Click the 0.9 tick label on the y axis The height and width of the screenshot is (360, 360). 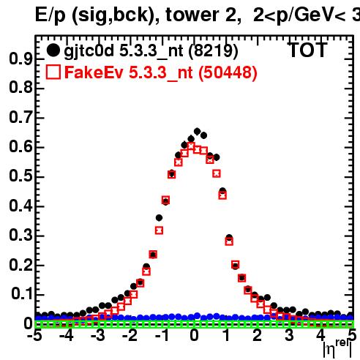[x=20, y=59]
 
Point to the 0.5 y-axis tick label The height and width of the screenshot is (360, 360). [x=20, y=176]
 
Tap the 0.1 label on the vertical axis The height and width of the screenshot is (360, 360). [x=22, y=293]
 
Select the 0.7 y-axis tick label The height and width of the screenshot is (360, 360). [x=20, y=117]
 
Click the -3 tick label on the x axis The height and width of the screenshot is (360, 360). [x=98, y=335]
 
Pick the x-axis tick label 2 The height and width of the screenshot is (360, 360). [x=258, y=335]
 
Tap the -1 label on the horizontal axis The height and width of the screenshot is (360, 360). [x=162, y=335]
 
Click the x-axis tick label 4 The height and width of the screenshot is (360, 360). [x=321, y=335]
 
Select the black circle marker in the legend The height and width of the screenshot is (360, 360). [x=53, y=50]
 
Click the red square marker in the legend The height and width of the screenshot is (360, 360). [x=53, y=72]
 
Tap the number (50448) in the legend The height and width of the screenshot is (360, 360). [x=228, y=72]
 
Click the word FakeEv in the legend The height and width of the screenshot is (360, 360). [x=94, y=72]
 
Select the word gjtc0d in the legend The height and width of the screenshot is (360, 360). [x=89, y=51]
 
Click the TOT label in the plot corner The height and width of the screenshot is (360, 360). [x=307, y=50]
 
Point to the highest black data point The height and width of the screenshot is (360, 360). [x=197, y=132]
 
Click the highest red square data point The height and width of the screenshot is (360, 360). [x=191, y=146]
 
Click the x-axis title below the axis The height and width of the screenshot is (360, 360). [x=338, y=348]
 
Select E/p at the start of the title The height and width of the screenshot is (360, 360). [x=50, y=15]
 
